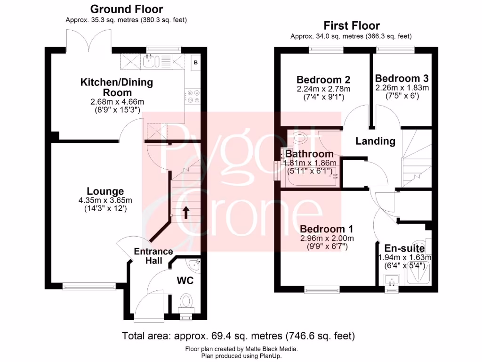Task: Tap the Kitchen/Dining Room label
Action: [x=117, y=87]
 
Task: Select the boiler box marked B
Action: [x=196, y=63]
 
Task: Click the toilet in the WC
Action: [x=187, y=300]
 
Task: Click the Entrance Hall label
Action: [x=153, y=256]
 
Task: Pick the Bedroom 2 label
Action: [x=323, y=79]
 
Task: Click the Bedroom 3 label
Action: [x=402, y=78]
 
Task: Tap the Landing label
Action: [x=375, y=141]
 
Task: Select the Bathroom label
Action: [x=309, y=154]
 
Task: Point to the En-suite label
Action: [x=404, y=248]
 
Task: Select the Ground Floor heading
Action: [x=127, y=9]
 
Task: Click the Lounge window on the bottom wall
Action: [x=89, y=286]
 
